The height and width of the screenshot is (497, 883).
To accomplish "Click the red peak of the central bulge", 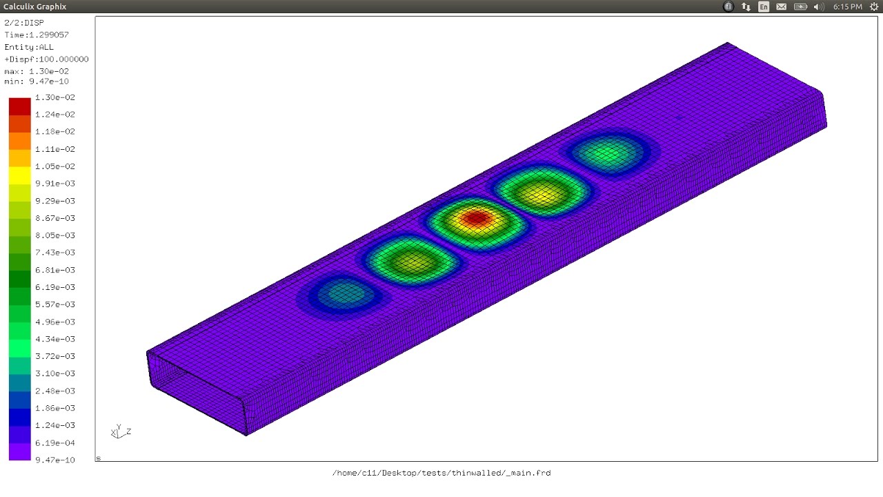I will [476, 219].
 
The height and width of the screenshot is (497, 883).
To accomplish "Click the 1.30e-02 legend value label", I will [55, 97].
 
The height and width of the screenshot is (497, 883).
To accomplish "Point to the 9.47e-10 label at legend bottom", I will [55, 460].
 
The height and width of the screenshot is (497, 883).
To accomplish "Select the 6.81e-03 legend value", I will [55, 270].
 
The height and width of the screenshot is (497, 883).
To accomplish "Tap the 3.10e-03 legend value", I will [55, 373].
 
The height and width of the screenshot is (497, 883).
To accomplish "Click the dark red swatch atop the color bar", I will [19, 106].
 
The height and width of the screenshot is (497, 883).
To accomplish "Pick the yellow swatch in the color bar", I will [19, 175].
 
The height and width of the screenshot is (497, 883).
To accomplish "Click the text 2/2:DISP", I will [24, 23].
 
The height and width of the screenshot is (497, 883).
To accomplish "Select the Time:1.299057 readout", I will [37, 35].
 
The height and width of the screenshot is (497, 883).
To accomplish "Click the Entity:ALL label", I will [29, 47].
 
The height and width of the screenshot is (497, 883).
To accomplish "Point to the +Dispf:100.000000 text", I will [46, 59].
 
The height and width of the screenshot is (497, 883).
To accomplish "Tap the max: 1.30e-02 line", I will [37, 71].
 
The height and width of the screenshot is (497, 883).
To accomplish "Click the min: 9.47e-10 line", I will [37, 81].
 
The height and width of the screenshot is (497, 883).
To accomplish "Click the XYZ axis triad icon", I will [119, 432].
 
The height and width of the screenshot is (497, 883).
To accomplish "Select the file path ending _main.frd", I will [441, 473].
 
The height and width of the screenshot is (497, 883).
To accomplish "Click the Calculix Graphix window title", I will [34, 6].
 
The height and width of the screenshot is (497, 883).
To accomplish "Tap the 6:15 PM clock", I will [847, 7].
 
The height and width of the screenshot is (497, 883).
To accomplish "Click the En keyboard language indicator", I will [764, 7].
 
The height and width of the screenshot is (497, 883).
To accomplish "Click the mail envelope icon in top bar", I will [782, 7].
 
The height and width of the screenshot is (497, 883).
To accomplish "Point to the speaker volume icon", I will [819, 7].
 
